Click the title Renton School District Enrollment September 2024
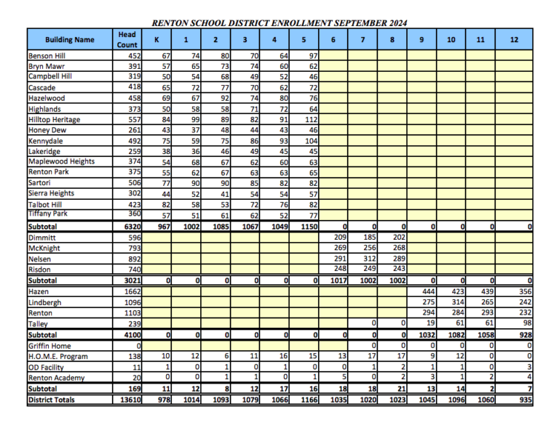[x=279, y=23]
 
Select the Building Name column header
[x=69, y=39]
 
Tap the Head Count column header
[x=127, y=39]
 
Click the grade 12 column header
[x=514, y=39]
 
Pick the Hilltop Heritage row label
[x=54, y=119]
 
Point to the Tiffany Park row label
[x=48, y=213]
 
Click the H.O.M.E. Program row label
[x=58, y=357]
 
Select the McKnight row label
[x=45, y=248]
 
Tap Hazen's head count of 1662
[x=132, y=291]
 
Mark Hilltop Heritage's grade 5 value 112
[x=309, y=119]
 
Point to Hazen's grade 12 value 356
[x=522, y=291]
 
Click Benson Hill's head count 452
[x=133, y=55]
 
